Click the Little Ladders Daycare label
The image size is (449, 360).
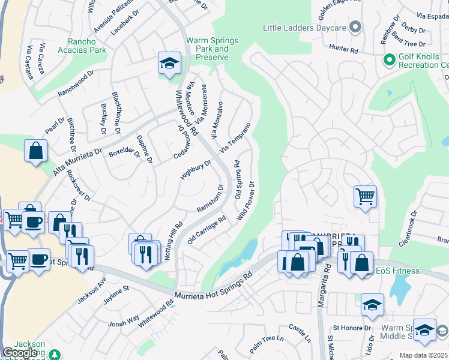pyautogui.click(x=305, y=28)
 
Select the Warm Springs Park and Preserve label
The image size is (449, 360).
pyautogui.click(x=212, y=49)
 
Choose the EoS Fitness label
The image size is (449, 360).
pyautogui.click(x=406, y=272)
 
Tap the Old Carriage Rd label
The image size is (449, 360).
pyautogui.click(x=206, y=230)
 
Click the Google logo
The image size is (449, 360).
pyautogui.click(x=20, y=353)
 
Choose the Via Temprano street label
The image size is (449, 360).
pyautogui.click(x=235, y=138)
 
